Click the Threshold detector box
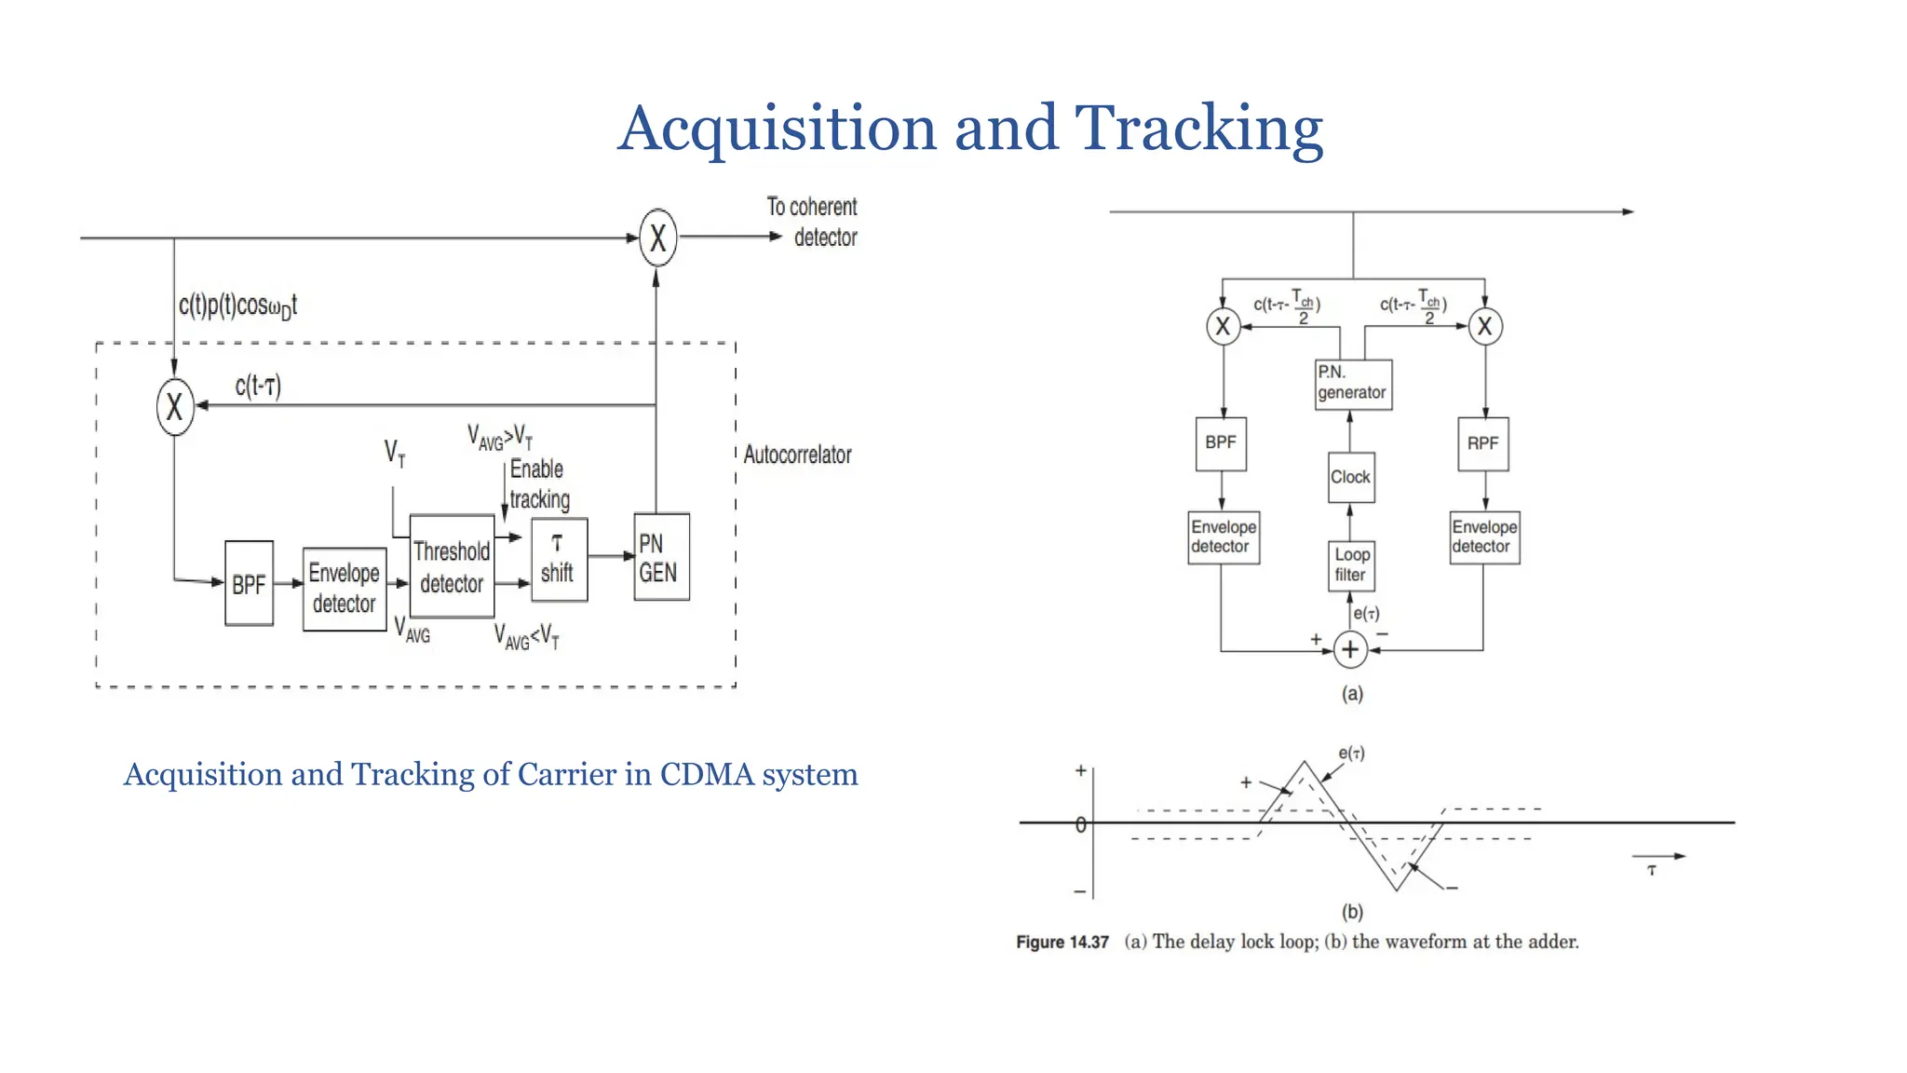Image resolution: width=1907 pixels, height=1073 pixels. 452,566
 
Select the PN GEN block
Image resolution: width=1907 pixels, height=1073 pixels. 661,557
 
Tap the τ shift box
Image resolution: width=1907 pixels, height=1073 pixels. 559,559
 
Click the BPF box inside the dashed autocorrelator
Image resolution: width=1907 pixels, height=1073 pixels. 249,584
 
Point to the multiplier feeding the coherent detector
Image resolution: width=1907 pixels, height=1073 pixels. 658,238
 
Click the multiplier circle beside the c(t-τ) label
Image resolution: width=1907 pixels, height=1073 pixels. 175,407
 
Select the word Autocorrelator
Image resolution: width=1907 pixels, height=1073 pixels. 797,455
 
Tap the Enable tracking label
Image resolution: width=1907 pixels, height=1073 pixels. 539,484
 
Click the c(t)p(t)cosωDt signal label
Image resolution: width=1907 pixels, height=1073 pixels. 237,306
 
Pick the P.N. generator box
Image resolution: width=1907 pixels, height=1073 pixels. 1353,384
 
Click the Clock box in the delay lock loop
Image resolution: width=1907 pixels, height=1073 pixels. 1350,477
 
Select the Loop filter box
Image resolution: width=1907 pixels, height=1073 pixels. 1350,565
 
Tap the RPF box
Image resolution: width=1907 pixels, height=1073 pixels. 1482,443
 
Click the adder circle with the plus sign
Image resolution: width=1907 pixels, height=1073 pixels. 1350,650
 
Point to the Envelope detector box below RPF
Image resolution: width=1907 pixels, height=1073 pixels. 1484,537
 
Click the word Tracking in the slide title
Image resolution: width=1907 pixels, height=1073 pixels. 1198,129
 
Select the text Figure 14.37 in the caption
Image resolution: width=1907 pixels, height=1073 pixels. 1062,942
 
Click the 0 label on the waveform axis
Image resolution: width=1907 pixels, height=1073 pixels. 1080,824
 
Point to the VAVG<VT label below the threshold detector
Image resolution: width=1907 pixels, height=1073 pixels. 527,637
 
